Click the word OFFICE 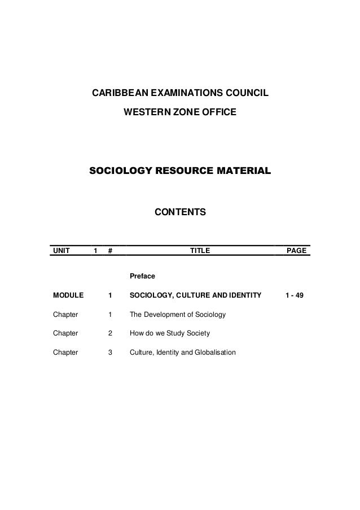click(x=219, y=114)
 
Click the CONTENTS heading click(x=181, y=213)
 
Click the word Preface click(x=142, y=277)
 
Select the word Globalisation click(x=215, y=353)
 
